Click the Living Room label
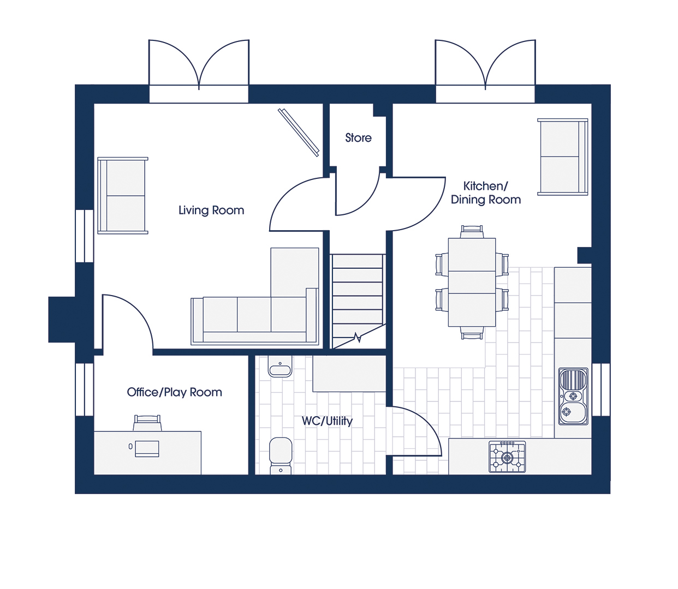click(211, 211)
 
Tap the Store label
click(358, 138)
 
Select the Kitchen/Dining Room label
click(486, 193)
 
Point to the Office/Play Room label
click(174, 392)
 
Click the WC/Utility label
click(327, 421)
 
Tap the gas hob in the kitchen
click(507, 457)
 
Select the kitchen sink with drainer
click(573, 396)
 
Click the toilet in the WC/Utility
click(281, 456)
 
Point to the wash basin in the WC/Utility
click(280, 366)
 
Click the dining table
click(472, 283)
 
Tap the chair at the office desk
click(147, 423)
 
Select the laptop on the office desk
click(147, 449)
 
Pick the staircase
click(358, 301)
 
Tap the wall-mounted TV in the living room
click(298, 133)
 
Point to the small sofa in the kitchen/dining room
click(563, 157)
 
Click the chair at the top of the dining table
click(472, 231)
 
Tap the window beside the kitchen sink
click(601, 390)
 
